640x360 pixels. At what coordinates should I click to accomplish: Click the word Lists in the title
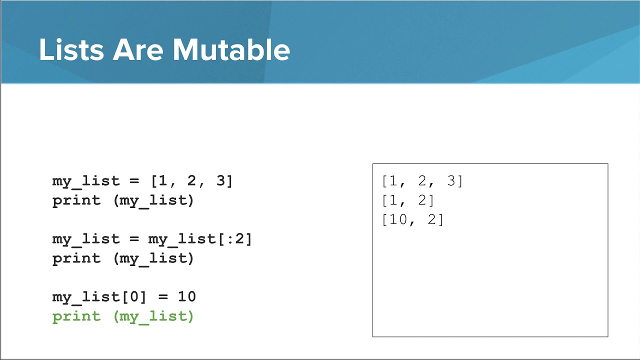(x=71, y=49)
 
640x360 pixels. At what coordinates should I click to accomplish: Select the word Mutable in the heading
(x=231, y=49)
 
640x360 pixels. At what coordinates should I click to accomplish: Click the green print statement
(x=123, y=317)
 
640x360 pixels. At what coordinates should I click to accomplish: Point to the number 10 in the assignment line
(x=187, y=296)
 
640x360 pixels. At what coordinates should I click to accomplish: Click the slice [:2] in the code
(x=234, y=239)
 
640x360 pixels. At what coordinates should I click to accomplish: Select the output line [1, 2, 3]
(x=422, y=181)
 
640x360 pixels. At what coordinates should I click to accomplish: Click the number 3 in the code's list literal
(x=221, y=180)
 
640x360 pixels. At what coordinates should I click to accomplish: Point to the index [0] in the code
(x=134, y=296)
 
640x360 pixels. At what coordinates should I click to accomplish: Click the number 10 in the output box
(x=398, y=219)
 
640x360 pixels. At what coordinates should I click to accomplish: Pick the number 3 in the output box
(x=451, y=180)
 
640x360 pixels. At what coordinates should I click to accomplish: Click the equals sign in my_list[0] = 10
(x=163, y=296)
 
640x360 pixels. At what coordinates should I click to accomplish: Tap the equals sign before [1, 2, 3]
(x=134, y=181)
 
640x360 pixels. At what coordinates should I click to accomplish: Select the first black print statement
(x=123, y=201)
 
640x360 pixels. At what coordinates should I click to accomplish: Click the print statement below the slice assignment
(x=123, y=259)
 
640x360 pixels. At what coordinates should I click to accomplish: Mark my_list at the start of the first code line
(x=86, y=181)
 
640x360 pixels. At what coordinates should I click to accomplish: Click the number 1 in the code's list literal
(x=163, y=180)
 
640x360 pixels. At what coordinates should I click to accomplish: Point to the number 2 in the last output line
(x=432, y=219)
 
